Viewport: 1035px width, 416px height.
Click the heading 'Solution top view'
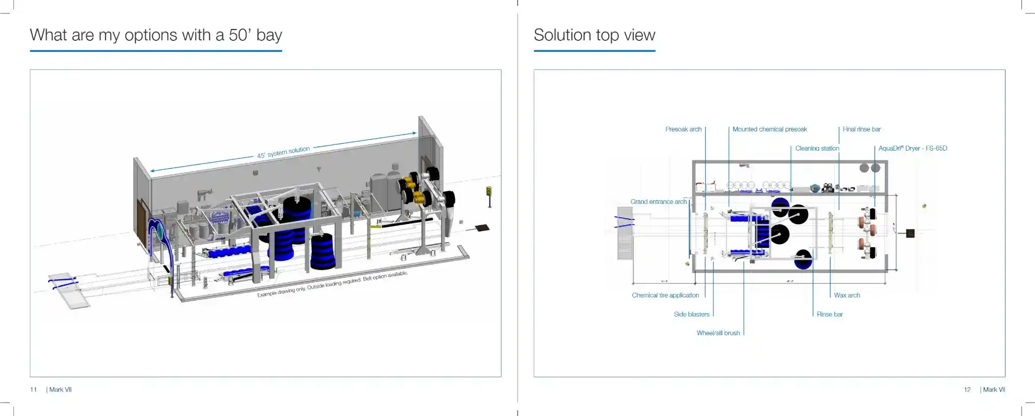click(594, 35)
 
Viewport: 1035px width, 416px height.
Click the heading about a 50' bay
click(156, 35)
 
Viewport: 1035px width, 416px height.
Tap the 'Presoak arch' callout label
click(683, 129)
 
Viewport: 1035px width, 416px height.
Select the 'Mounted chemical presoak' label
click(770, 129)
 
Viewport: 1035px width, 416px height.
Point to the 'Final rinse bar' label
click(861, 129)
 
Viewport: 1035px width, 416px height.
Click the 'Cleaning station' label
click(817, 148)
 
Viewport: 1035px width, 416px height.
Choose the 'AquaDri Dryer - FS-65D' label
click(912, 148)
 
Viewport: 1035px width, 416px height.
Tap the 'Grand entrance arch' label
click(658, 202)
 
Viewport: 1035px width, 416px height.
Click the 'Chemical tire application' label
click(665, 295)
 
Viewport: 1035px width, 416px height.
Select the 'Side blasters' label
click(691, 315)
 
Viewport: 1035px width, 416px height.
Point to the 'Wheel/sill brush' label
click(718, 333)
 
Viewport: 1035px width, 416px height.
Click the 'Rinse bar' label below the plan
click(830, 315)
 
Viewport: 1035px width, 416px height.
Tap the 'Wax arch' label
click(847, 295)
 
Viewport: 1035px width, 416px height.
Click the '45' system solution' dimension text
click(284, 152)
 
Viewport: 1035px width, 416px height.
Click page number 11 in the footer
click(34, 390)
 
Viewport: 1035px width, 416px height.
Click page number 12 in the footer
click(967, 390)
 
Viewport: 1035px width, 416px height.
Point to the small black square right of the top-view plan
click(910, 233)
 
